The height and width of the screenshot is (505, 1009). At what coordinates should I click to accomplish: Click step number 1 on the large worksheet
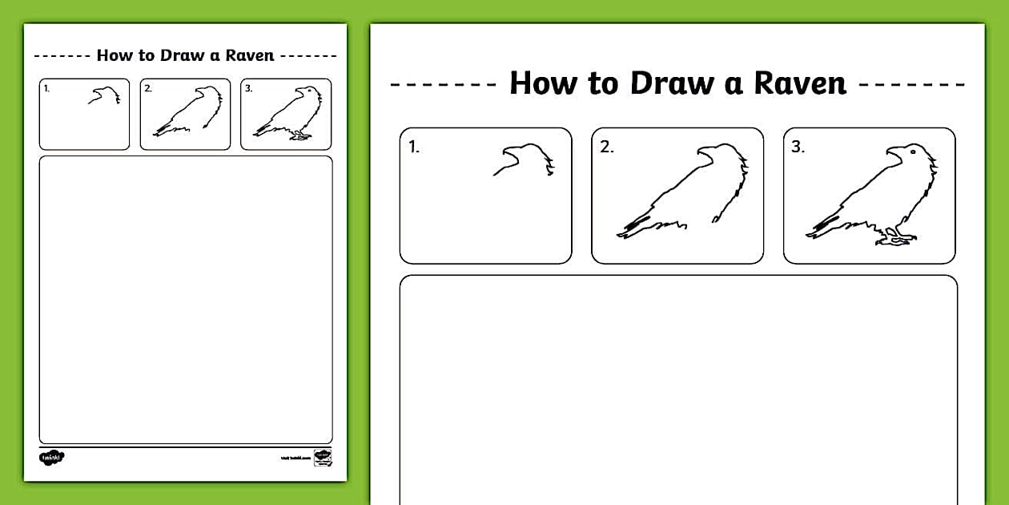click(413, 147)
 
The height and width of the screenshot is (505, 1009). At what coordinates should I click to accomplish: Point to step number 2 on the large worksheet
click(606, 147)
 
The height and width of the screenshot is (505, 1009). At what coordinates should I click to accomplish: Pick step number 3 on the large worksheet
click(798, 147)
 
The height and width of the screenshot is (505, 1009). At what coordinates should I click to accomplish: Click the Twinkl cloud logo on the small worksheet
click(51, 457)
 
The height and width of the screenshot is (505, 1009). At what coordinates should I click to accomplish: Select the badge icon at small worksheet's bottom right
click(323, 457)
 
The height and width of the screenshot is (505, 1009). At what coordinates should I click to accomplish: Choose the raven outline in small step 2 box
click(189, 112)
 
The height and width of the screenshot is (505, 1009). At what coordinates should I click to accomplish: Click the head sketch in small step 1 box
click(105, 96)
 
